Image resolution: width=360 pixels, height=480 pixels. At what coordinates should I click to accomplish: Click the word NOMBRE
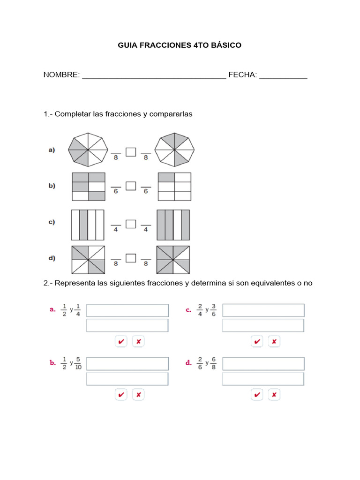[61, 75]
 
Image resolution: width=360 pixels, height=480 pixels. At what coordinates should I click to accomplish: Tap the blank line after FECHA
[283, 76]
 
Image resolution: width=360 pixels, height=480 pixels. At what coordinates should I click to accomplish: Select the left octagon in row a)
[88, 150]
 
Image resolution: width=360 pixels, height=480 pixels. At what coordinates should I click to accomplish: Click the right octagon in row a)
[174, 150]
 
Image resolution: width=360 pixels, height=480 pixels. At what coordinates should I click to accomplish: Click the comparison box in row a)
[131, 151]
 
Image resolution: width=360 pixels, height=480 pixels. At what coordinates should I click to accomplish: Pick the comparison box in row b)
[131, 187]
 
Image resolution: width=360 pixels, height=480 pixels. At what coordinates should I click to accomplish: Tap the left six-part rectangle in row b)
[88, 187]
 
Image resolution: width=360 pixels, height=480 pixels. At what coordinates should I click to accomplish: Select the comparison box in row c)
[131, 224]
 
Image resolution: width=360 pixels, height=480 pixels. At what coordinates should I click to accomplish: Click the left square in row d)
[88, 260]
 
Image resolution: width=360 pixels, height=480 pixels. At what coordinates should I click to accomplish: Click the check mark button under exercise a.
[121, 342]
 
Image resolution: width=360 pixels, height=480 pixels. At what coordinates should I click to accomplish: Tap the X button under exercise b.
[138, 395]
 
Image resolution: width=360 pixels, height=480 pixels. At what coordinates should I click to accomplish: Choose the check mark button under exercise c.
[257, 342]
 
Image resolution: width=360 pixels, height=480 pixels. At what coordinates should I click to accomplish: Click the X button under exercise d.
[274, 395]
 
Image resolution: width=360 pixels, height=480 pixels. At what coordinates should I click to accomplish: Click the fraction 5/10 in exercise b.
[78, 363]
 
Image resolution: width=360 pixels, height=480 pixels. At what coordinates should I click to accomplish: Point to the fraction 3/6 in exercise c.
[213, 310]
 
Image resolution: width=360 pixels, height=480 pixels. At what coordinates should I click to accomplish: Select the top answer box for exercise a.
[127, 310]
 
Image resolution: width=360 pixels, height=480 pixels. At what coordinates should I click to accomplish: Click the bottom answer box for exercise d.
[263, 379]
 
